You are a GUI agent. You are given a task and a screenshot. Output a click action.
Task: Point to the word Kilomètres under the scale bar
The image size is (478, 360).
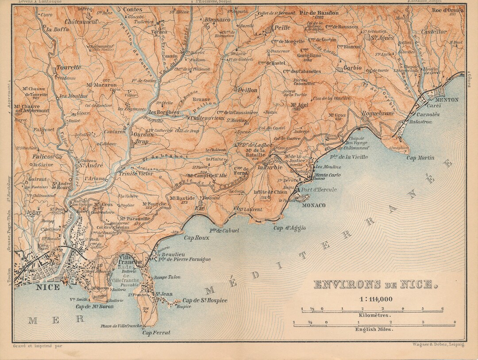point(374,316)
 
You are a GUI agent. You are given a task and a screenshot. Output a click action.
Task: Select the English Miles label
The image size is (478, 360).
point(374,329)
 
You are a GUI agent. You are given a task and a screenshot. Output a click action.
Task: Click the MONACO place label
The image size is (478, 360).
point(313,206)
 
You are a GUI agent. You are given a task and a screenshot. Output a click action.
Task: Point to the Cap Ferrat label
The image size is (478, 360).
point(156,333)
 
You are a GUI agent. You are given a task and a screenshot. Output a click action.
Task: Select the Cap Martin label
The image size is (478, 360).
point(421,158)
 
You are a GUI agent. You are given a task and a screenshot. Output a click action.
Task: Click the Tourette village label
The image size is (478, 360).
point(69,67)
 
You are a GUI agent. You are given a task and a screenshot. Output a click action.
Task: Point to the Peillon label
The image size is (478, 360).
point(248,90)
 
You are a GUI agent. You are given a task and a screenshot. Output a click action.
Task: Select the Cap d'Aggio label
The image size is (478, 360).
point(289,228)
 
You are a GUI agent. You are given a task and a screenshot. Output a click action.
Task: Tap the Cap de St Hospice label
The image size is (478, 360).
point(204,301)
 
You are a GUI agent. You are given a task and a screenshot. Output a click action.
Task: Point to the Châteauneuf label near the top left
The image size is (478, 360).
point(81,21)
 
